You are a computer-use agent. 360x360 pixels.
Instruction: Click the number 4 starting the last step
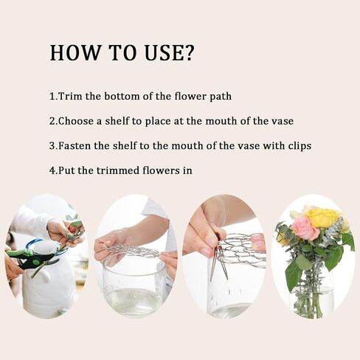click(52, 170)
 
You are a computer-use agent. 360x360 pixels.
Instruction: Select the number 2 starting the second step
click(52, 121)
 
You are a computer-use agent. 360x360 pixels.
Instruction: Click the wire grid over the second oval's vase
click(133, 251)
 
